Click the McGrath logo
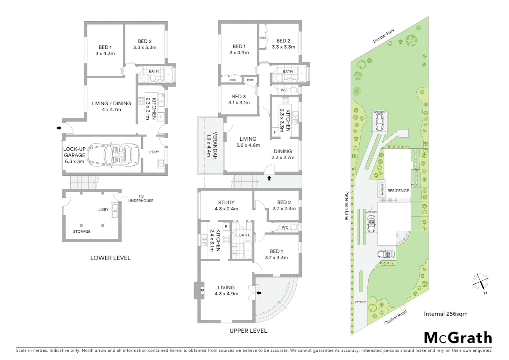pos(458,338)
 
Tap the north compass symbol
pos(480,282)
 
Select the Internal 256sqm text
pos(445,314)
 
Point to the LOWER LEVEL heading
pos(110,258)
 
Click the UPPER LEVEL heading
pos(248,331)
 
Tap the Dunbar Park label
pos(383,36)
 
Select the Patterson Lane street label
pos(346,206)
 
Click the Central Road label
pos(395,317)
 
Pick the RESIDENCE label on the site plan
pos(398,191)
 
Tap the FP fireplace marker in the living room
pos(202,291)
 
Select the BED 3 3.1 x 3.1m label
pos(239,100)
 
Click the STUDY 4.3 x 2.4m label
pos(226,206)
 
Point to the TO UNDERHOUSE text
pos(141,198)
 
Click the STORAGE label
pos(82,231)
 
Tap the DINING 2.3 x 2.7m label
pos(282,154)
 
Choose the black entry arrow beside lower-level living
pos(59,128)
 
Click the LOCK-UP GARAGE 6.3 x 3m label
pos(74,155)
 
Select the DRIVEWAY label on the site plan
pos(360,302)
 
